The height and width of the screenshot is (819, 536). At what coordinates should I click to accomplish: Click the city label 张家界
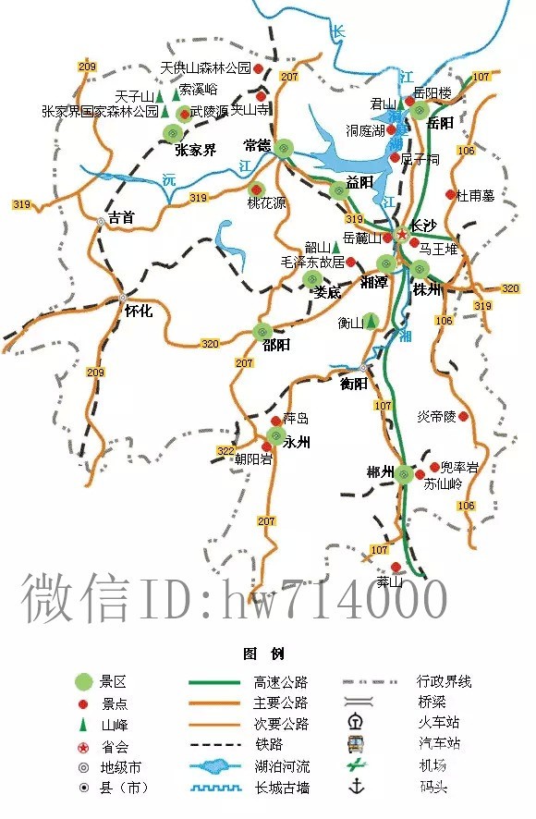coord(195,150)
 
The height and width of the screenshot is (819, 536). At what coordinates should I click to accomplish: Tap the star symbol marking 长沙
coord(401,235)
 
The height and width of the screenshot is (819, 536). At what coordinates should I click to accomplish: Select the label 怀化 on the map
coord(138,312)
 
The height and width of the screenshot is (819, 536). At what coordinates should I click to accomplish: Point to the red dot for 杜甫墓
coord(450,195)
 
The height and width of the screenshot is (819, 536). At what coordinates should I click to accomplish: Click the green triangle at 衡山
coord(371,322)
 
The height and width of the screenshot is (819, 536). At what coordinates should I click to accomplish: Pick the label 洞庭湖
coord(365,131)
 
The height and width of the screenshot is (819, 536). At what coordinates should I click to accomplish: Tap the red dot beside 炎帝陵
coord(464,417)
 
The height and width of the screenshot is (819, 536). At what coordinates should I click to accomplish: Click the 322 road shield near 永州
coord(225,451)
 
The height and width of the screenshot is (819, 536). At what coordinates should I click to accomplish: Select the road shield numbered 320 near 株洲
coord(510,288)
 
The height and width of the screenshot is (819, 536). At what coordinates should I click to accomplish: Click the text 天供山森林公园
coord(205,68)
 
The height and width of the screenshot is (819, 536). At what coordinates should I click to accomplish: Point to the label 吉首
coord(121,218)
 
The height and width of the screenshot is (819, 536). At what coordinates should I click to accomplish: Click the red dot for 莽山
coord(396,567)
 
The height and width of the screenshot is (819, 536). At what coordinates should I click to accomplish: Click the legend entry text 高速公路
coord(281,683)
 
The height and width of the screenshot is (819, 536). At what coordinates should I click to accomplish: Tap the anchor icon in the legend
coord(354,787)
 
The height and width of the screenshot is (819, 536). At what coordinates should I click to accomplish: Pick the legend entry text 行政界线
coord(445,682)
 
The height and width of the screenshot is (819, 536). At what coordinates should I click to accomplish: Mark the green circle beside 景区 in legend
coord(84,682)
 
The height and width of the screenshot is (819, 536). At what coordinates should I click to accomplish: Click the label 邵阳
coord(276,345)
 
